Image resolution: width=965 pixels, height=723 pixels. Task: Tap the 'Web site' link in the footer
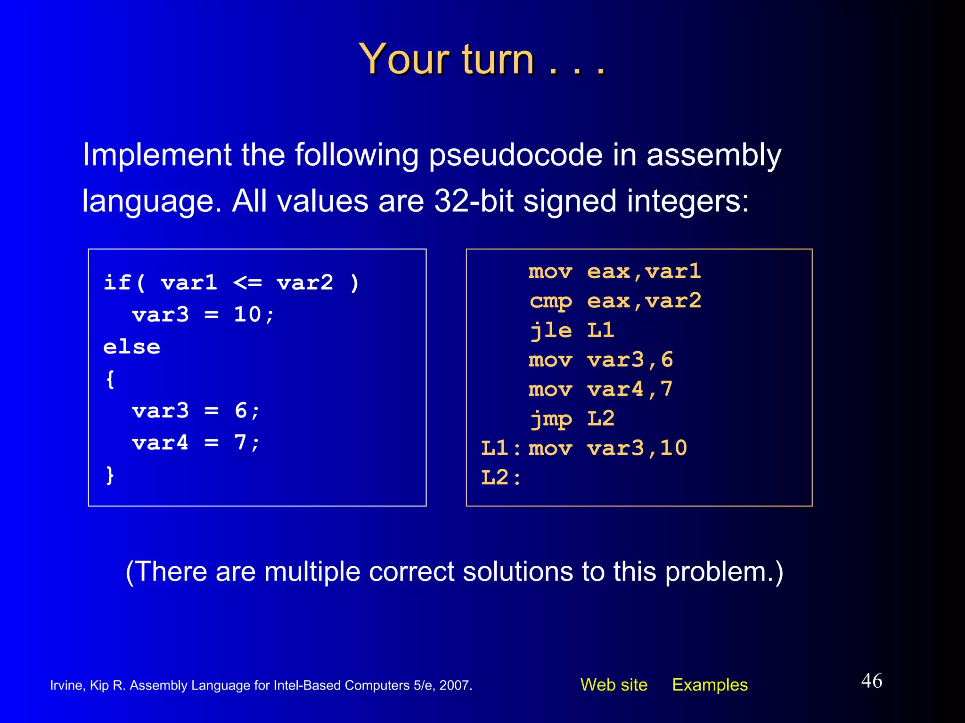[x=613, y=684]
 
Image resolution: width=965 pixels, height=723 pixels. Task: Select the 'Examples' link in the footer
[x=710, y=684]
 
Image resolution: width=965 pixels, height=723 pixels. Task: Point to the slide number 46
[x=871, y=681]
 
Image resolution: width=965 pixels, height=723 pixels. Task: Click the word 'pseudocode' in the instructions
[x=515, y=155]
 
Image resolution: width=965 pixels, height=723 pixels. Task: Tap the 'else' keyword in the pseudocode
[x=131, y=347]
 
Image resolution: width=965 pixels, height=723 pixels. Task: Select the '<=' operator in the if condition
[x=247, y=283]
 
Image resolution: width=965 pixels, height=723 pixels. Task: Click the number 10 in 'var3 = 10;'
[x=247, y=314]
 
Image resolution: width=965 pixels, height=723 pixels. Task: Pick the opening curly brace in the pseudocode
[x=110, y=379]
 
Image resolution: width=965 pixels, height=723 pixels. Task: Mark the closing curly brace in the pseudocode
[x=110, y=475]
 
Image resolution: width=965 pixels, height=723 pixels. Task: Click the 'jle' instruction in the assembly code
[x=550, y=330]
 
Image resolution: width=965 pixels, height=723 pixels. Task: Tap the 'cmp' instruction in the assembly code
[x=550, y=301]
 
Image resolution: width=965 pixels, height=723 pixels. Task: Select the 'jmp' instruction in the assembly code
[x=550, y=419]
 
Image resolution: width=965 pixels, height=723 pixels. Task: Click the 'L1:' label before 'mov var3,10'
[x=500, y=448]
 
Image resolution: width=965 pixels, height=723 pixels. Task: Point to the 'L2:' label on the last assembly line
[x=500, y=478]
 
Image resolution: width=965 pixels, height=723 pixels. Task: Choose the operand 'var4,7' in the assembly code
[x=630, y=389]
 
